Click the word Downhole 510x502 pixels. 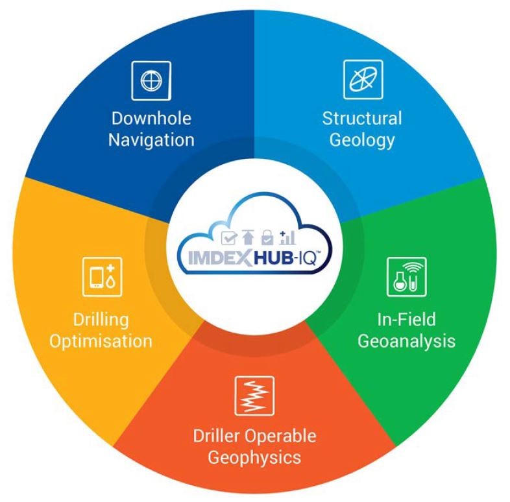tap(151, 119)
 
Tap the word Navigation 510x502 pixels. tap(151, 139)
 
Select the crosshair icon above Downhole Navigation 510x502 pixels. tap(151, 80)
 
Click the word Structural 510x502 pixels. tap(362, 119)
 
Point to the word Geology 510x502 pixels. tap(362, 139)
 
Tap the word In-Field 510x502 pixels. tap(406, 319)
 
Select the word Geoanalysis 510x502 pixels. tap(406, 340)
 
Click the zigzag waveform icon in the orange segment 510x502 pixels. tap(254, 396)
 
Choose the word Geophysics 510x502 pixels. tap(254, 457)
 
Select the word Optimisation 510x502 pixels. tap(103, 340)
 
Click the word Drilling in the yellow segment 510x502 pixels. tap(103, 319)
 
